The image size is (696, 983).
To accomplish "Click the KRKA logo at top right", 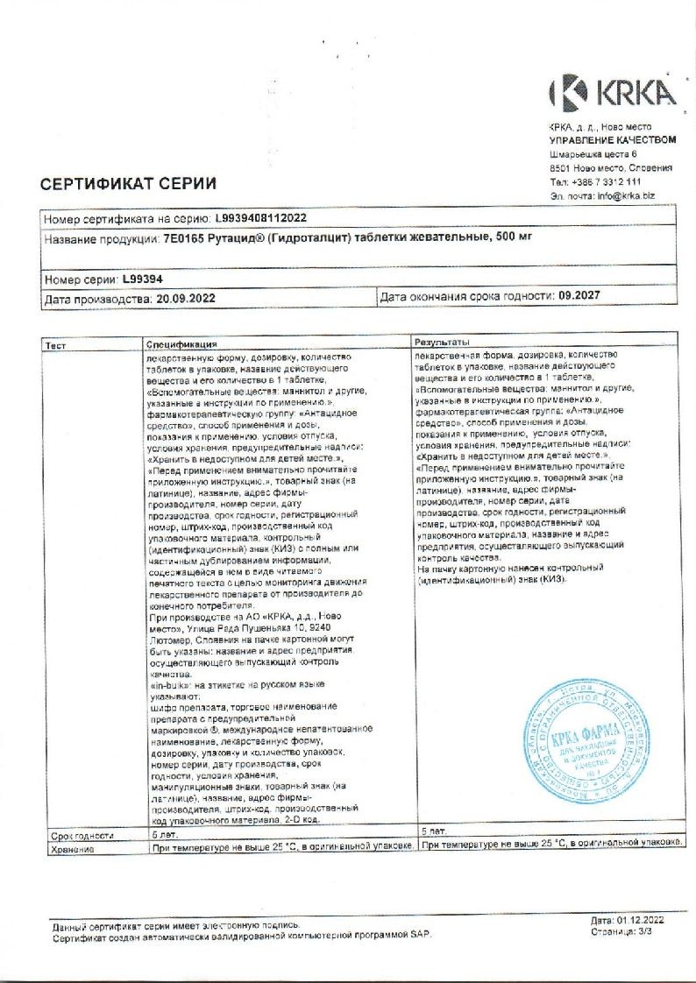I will click(x=612, y=92).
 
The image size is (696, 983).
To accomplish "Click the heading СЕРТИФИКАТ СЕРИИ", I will click(x=128, y=184).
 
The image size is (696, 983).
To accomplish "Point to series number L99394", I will click(x=142, y=279).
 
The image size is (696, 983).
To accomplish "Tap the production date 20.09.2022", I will click(x=185, y=298).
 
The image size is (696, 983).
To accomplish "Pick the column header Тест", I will click(x=55, y=346).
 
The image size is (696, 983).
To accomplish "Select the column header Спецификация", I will click(x=181, y=346).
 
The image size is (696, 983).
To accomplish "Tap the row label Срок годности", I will click(x=77, y=837).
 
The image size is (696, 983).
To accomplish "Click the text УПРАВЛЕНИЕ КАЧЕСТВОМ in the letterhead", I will click(x=613, y=140).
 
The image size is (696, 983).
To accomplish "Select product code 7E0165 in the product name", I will click(x=182, y=237).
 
